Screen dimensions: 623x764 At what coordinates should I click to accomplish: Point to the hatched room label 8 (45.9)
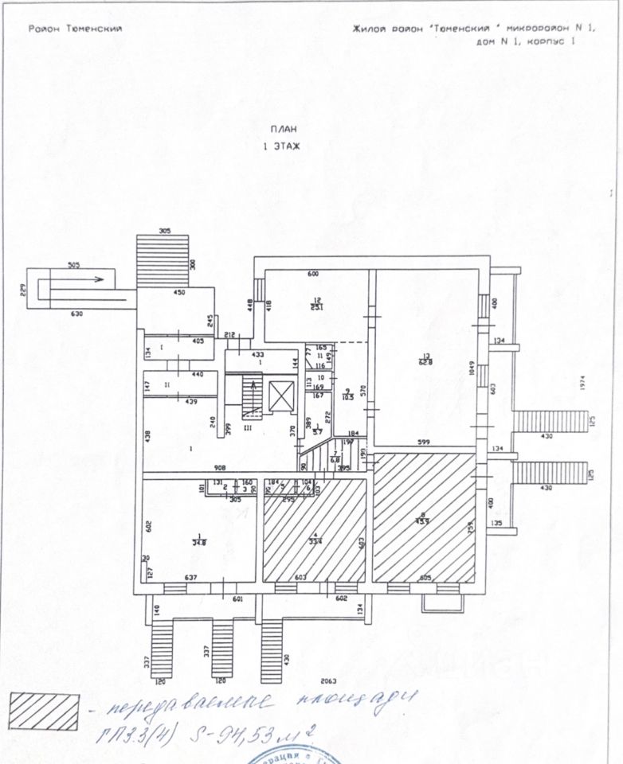(425, 519)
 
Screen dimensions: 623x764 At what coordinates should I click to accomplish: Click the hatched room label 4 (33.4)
(314, 539)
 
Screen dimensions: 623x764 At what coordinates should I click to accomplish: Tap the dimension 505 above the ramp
(73, 265)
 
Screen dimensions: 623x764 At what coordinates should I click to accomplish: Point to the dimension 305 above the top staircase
(165, 231)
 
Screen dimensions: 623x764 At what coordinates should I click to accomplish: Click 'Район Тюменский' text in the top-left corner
(75, 29)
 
